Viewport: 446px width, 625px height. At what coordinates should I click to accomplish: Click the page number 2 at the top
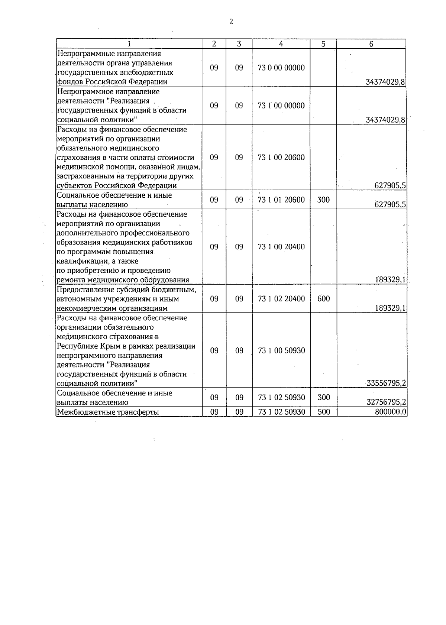click(x=231, y=22)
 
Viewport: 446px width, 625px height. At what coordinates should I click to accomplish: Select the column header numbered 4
click(x=281, y=44)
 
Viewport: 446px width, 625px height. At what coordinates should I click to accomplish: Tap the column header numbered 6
click(x=371, y=44)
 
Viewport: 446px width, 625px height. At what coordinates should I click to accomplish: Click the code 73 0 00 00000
click(x=281, y=68)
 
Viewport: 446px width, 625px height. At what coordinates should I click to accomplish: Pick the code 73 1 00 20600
click(x=281, y=158)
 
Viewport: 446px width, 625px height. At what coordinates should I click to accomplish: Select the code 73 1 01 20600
click(x=281, y=200)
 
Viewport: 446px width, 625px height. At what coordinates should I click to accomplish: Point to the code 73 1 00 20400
click(x=281, y=247)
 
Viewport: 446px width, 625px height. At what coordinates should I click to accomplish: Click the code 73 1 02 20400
click(x=281, y=299)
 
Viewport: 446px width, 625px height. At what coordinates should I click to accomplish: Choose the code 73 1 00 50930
click(x=281, y=351)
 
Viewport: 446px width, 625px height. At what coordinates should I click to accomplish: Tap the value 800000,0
click(x=390, y=412)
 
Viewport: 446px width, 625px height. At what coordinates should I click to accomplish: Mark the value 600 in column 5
click(x=324, y=299)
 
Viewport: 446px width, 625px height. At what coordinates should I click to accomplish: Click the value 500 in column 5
click(x=324, y=412)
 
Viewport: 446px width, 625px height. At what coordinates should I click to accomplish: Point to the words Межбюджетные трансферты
click(x=107, y=412)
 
